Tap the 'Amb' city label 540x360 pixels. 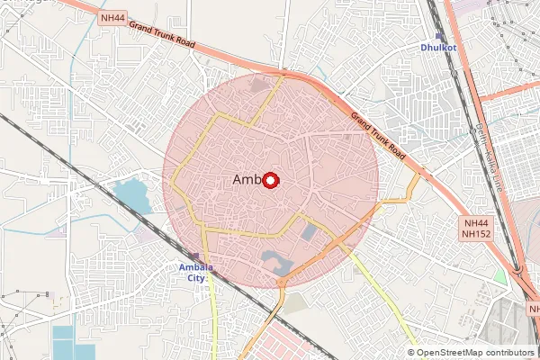coord(246,180)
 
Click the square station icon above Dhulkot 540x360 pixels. coord(437,36)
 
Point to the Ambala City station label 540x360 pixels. coord(191,272)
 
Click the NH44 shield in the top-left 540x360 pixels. coord(113,17)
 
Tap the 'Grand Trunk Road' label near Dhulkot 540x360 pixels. coord(378,136)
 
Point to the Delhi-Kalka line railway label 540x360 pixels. coord(490,157)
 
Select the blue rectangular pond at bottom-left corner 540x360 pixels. coord(67,343)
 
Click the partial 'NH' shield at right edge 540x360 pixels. coord(533,309)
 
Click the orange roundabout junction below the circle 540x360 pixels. coord(282,283)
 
